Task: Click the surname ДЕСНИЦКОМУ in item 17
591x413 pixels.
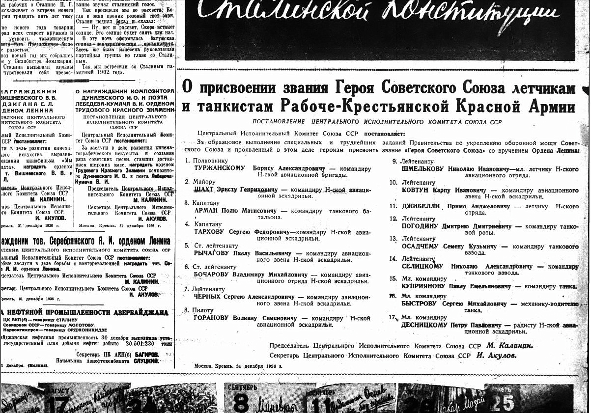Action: (424, 325)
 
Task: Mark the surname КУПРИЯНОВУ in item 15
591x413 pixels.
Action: (425, 286)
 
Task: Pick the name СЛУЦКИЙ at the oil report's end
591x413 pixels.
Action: (146, 361)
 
